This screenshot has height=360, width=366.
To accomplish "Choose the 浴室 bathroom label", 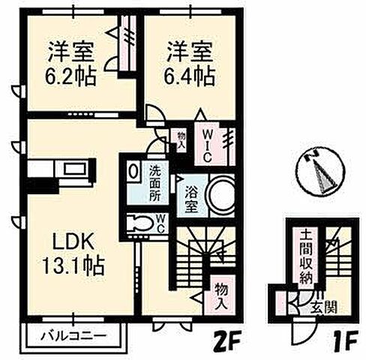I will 193,197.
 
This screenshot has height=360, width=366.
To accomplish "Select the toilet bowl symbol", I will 140,223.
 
